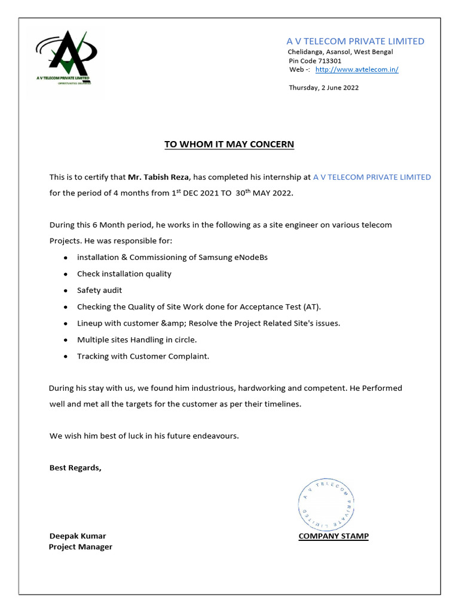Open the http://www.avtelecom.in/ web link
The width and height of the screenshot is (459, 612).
356,69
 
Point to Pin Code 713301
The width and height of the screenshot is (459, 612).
315,60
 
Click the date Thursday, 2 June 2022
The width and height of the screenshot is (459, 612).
323,87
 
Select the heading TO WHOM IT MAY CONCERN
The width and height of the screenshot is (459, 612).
229,145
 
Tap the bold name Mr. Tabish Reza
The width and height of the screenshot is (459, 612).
159,178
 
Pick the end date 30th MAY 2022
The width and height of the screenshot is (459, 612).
264,194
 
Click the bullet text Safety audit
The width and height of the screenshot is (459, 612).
99,290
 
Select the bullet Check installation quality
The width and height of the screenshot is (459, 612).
124,274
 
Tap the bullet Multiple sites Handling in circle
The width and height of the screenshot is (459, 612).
137,339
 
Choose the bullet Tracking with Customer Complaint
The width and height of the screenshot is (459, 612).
143,356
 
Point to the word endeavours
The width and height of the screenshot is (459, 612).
213,436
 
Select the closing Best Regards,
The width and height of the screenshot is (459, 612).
75,468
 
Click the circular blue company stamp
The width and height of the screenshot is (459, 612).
326,505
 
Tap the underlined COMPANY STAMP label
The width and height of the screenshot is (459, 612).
333,536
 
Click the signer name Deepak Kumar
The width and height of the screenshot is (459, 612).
78,536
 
